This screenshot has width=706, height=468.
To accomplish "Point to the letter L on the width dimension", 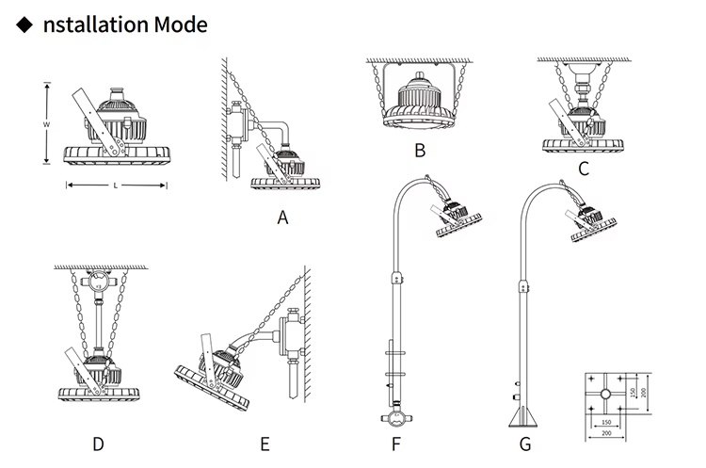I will [116, 186].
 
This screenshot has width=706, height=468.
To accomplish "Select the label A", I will [281, 218].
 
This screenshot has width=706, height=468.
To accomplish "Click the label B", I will [420, 150].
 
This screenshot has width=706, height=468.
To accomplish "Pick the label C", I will [583, 169].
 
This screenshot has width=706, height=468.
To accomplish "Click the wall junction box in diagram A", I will [238, 120].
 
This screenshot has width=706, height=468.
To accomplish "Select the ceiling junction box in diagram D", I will [97, 281].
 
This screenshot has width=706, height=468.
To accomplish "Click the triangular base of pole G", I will [523, 416].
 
